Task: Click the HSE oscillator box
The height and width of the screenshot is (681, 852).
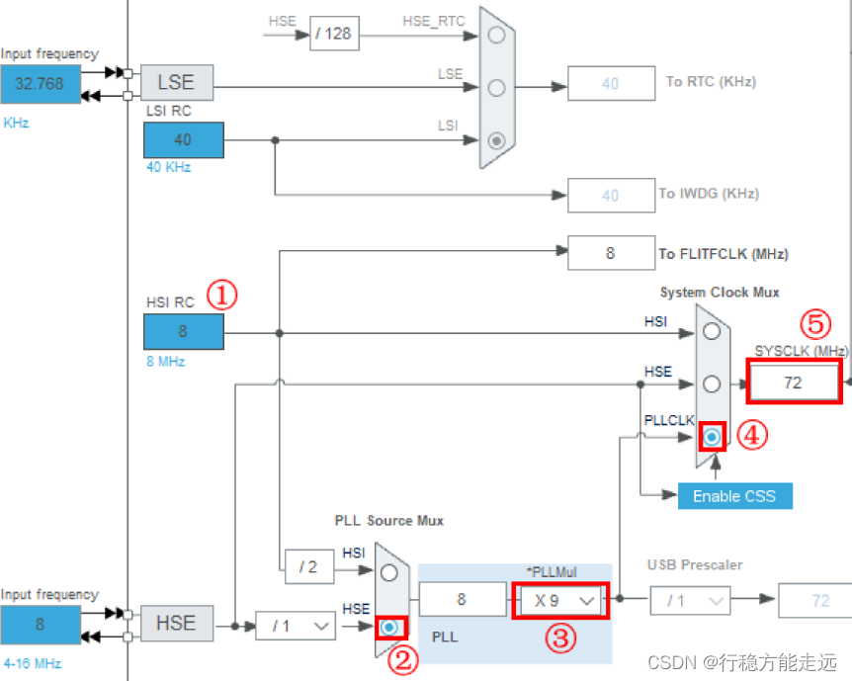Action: coord(176,624)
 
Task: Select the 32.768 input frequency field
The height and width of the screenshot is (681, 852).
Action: coord(39,84)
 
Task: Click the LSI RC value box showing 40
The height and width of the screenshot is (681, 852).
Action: coord(183,140)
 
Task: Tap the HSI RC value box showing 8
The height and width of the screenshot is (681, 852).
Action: coord(183,332)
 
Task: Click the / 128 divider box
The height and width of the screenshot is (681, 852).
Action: coord(333,35)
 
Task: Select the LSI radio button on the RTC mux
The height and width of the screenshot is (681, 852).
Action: coord(497,140)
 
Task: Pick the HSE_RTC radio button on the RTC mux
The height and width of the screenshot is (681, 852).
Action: coord(497,35)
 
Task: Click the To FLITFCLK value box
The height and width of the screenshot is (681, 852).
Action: coord(610,253)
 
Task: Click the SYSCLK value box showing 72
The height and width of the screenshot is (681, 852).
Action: coord(793,383)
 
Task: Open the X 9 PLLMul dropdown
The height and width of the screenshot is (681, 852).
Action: coord(559,600)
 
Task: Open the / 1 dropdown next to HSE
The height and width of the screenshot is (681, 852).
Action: coord(296,625)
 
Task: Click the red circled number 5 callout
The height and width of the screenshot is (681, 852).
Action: coord(815,323)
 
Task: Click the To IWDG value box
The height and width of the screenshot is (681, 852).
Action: coord(610,195)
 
